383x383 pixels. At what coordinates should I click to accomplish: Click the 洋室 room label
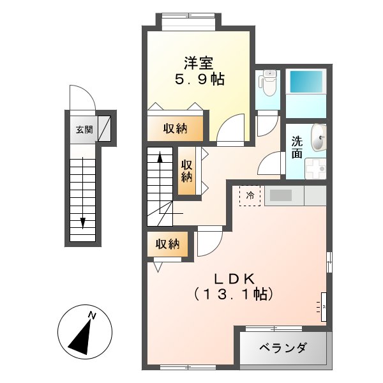pos(199,63)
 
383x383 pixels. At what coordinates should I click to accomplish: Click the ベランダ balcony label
pos(283,348)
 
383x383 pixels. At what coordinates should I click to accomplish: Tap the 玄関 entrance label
pos(84,130)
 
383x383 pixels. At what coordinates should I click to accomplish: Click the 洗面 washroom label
pos(297,147)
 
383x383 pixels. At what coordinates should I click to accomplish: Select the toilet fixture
pos(269,83)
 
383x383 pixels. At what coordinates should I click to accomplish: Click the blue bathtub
pos(305,84)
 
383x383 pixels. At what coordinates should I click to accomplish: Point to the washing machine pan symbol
pos(315,169)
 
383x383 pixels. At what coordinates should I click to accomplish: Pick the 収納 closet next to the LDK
pos(169,244)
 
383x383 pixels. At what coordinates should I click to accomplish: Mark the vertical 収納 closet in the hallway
pos(186,170)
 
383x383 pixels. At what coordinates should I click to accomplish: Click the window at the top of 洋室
pos(189,22)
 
